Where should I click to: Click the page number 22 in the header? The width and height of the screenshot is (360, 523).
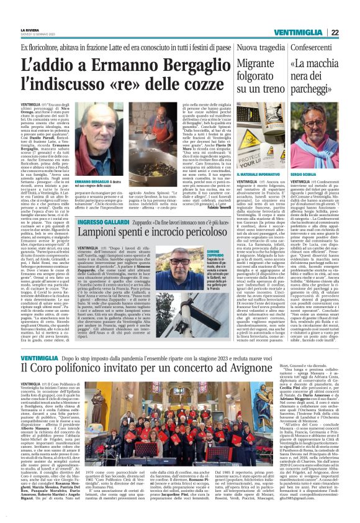351,32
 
